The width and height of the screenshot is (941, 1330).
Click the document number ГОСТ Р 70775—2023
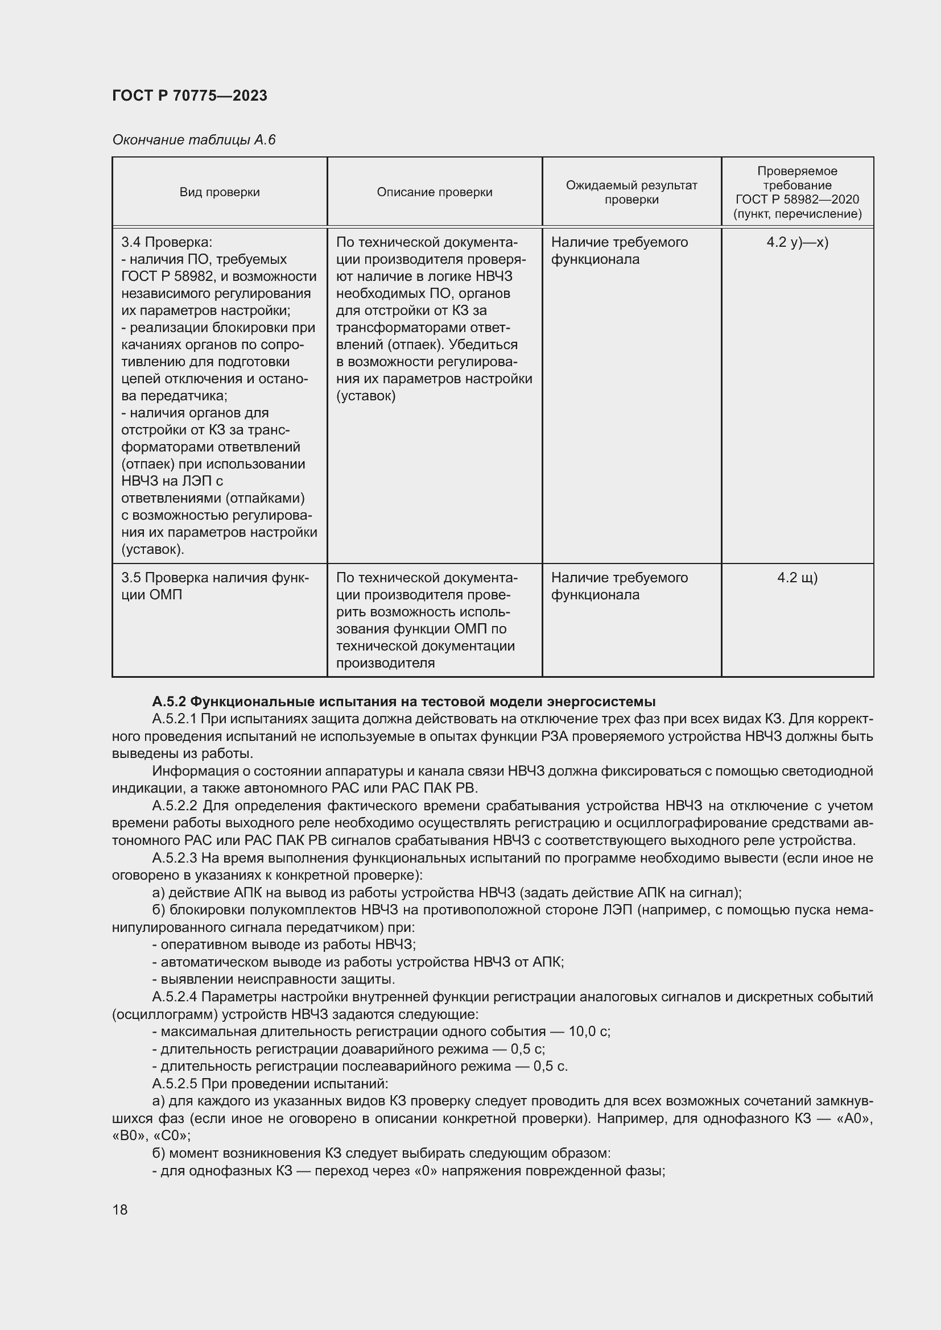pyautogui.click(x=189, y=96)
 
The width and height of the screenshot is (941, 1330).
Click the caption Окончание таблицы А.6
pyautogui.click(x=193, y=140)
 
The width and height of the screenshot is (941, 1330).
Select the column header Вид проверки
pyautogui.click(x=220, y=192)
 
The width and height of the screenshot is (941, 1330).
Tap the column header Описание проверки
pyautogui.click(x=434, y=192)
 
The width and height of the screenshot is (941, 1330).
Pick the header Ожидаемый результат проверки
pyautogui.click(x=631, y=192)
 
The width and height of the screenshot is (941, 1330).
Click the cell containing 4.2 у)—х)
pyautogui.click(x=796, y=242)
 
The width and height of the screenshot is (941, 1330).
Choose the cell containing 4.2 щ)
pyautogui.click(x=796, y=578)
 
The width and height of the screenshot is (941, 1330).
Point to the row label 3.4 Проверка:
pyautogui.click(x=167, y=242)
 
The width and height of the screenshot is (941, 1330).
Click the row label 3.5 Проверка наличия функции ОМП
pyautogui.click(x=215, y=586)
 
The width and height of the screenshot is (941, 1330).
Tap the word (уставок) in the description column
pyautogui.click(x=366, y=396)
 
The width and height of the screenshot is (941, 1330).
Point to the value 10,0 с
pyautogui.click(x=589, y=1031)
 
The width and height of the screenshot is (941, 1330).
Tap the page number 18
pyautogui.click(x=120, y=1209)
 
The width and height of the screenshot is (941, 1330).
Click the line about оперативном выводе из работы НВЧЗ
pyautogui.click(x=284, y=945)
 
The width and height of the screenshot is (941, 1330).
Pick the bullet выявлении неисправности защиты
pyautogui.click(x=274, y=980)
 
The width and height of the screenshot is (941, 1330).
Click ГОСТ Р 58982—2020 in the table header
pyautogui.click(x=796, y=199)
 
